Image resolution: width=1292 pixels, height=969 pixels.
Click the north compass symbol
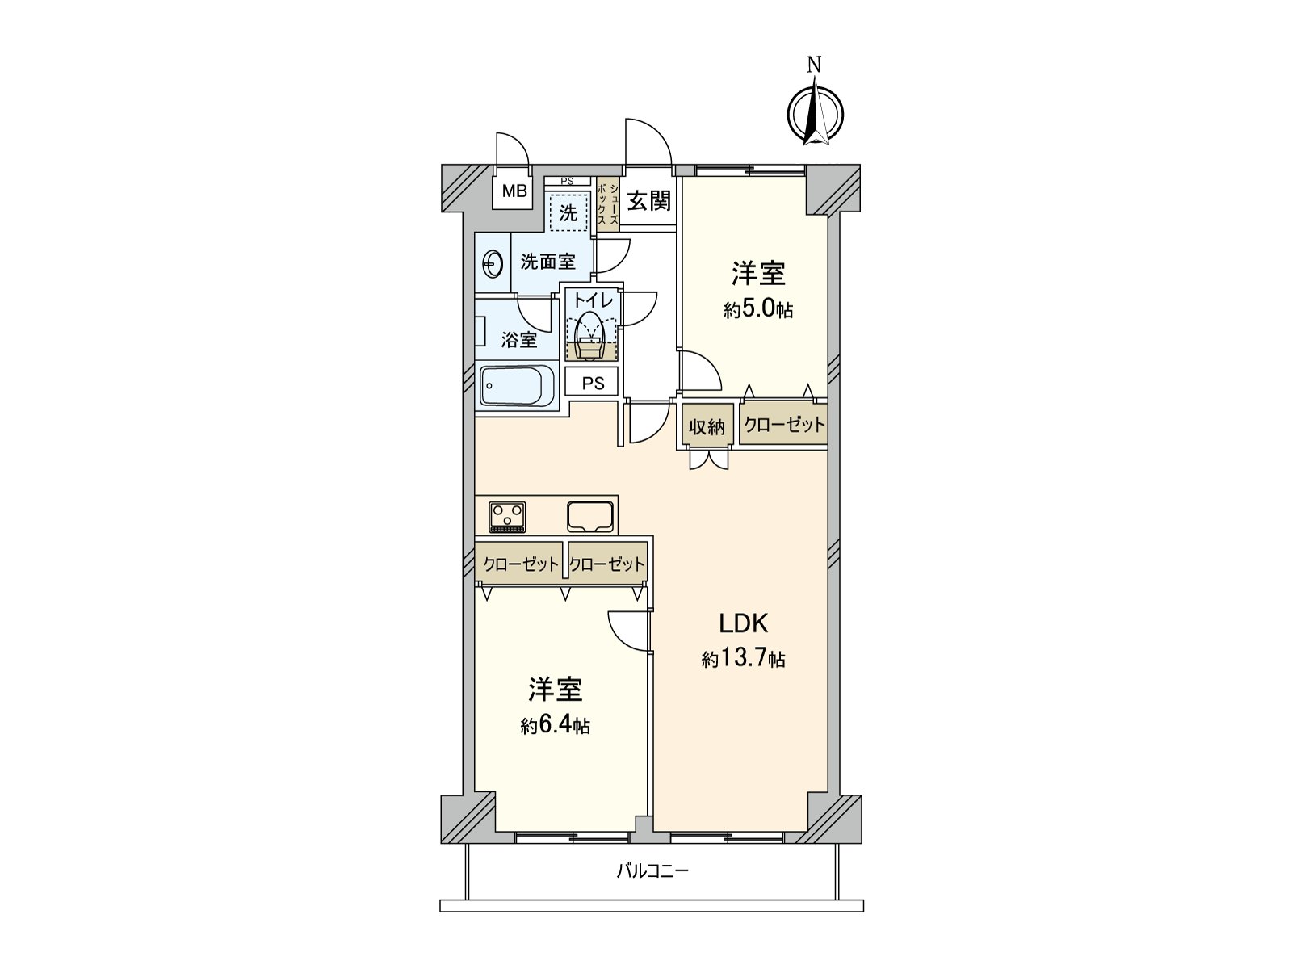[x=815, y=114]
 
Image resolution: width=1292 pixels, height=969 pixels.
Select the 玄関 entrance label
[x=649, y=200]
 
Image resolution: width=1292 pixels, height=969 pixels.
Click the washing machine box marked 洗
[x=568, y=213]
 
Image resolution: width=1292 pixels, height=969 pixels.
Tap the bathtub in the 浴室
[x=517, y=386]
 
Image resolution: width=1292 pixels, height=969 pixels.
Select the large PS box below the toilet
[x=593, y=384]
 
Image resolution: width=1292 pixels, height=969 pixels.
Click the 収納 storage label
[x=707, y=426]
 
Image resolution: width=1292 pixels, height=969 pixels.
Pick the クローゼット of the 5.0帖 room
[x=783, y=425]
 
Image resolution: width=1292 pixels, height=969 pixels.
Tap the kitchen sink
[x=591, y=516]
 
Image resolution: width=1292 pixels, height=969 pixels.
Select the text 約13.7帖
[x=743, y=659]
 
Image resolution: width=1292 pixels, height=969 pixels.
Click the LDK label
[x=743, y=623]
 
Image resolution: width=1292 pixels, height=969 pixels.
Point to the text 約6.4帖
[x=556, y=725]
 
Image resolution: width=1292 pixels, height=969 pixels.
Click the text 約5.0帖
[x=757, y=309]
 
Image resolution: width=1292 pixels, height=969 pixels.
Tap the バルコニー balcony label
[x=652, y=870]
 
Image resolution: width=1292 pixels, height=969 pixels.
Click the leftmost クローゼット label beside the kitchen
[x=520, y=564]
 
